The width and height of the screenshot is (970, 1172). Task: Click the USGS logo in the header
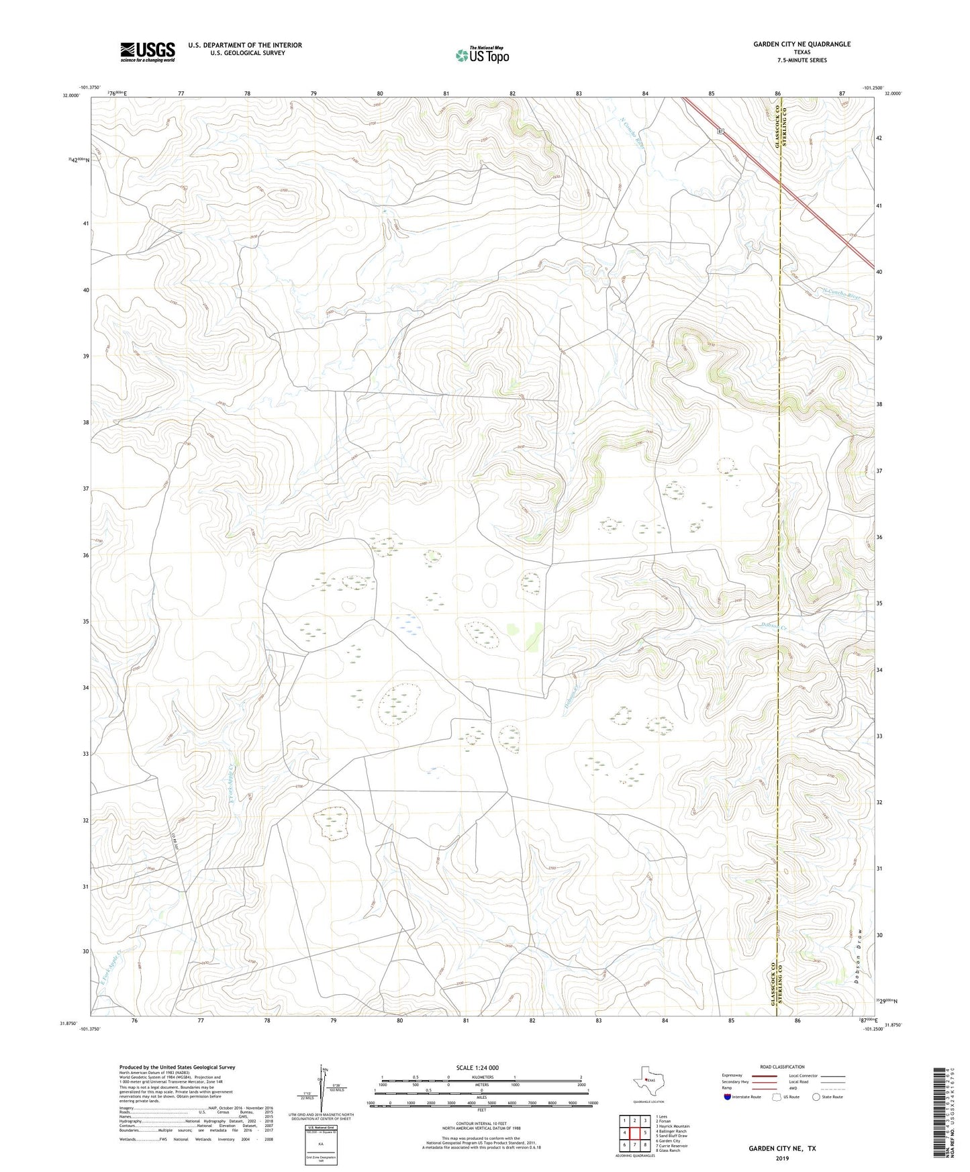click(x=148, y=52)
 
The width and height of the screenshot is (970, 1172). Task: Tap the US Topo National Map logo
click(x=481, y=54)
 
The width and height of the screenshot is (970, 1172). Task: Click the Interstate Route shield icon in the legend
click(x=728, y=1097)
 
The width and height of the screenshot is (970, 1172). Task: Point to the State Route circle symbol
click(x=816, y=1097)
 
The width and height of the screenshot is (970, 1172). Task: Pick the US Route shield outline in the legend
click(x=777, y=1097)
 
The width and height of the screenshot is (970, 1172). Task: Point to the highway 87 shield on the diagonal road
click(x=720, y=132)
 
